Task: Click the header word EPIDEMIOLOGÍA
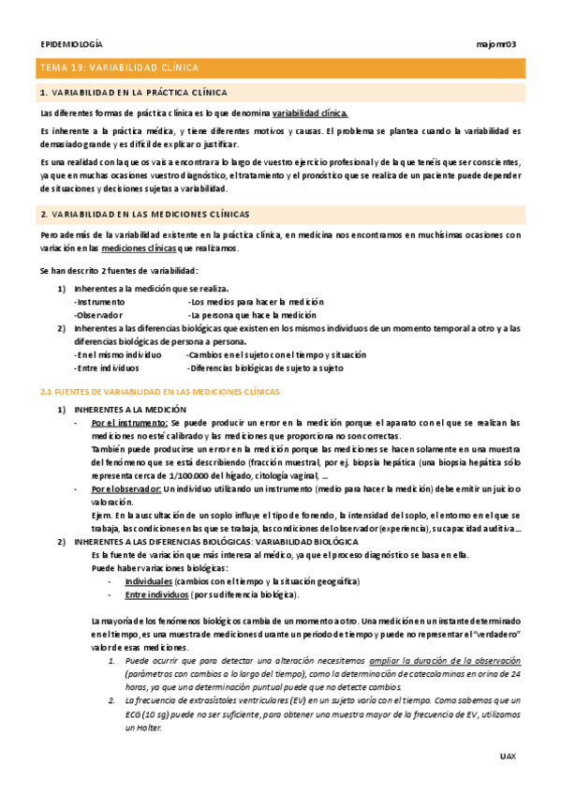click(72, 45)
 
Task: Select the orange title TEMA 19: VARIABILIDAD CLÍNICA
click(118, 68)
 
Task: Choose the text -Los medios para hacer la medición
click(255, 303)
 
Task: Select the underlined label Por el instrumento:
click(129, 424)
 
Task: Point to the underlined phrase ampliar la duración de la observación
click(445, 660)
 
